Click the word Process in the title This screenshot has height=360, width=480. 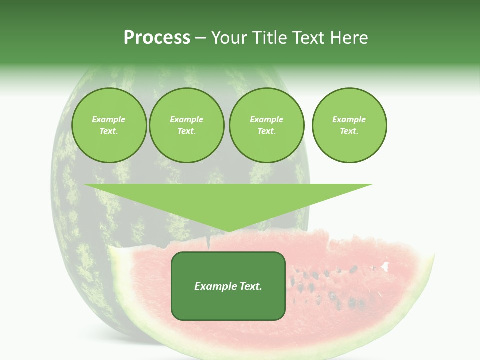[x=157, y=38]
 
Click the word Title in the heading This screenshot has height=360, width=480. [x=269, y=38]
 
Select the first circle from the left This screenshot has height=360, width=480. [x=109, y=125]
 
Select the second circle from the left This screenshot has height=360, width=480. [x=186, y=125]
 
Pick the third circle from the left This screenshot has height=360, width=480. [x=266, y=125]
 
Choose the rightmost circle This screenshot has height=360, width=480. [x=349, y=125]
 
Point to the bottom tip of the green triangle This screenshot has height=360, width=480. [x=228, y=232]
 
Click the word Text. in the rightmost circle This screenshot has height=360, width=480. [x=349, y=131]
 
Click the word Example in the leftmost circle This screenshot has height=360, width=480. [x=109, y=119]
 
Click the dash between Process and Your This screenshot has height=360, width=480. [x=201, y=38]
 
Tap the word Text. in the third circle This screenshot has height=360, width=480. [x=266, y=131]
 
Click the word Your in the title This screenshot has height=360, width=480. [x=229, y=38]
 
